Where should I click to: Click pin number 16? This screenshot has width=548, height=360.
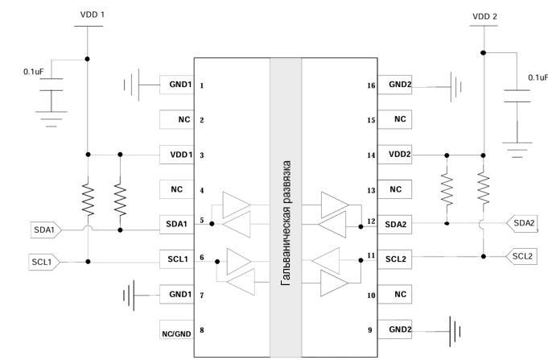pyautogui.click(x=370, y=84)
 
